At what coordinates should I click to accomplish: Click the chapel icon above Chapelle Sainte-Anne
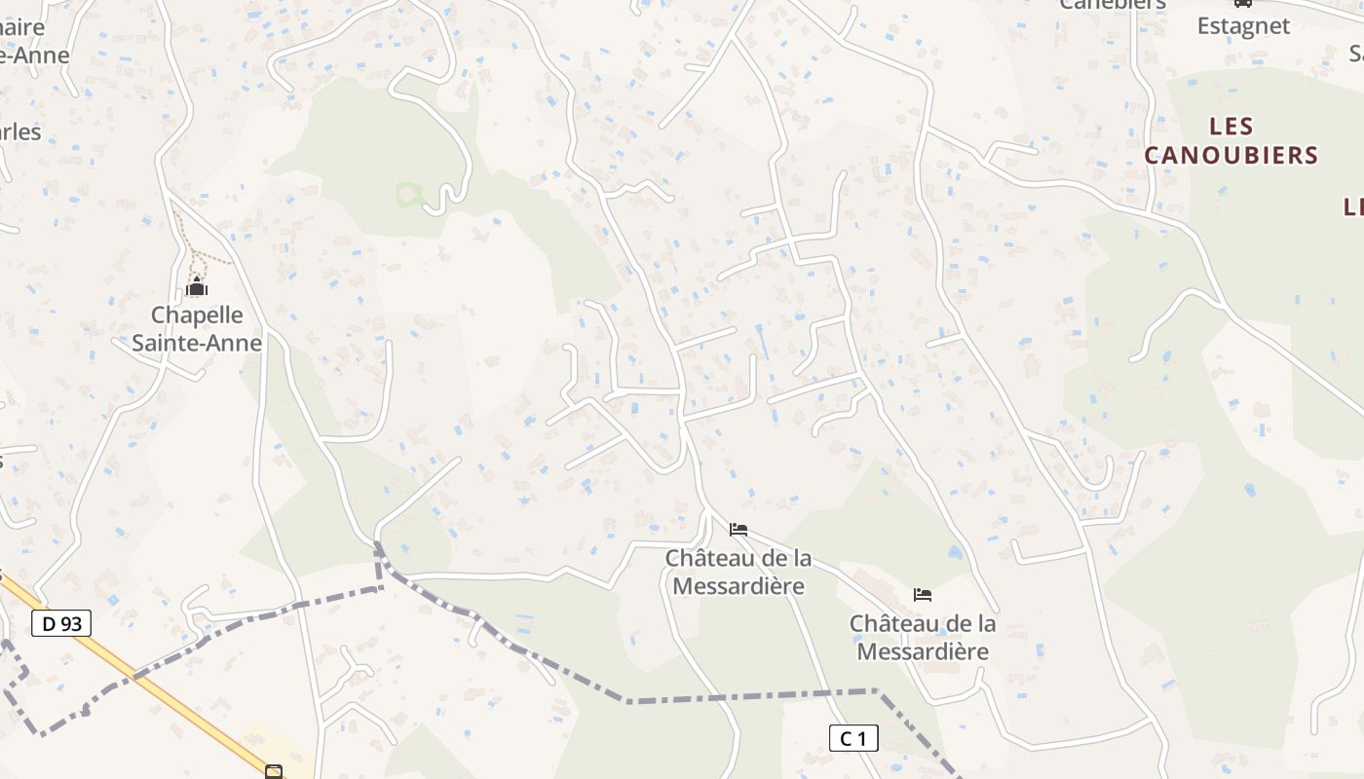point(197,287)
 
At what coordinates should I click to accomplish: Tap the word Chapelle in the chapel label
point(197,315)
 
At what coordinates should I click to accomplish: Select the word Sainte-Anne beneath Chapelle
point(197,343)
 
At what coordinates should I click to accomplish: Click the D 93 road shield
point(61,623)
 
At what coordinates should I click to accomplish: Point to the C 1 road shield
point(853,738)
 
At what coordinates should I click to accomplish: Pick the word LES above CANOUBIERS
point(1231,127)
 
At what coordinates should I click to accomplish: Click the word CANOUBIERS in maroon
point(1231,155)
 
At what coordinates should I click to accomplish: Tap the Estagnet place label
point(1243,26)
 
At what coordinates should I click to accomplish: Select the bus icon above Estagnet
point(1242,3)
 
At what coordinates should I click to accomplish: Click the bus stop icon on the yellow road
point(274,772)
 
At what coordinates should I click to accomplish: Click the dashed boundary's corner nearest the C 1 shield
point(876,691)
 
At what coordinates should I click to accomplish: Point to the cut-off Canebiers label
point(1113,5)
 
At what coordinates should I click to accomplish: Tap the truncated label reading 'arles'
point(20,131)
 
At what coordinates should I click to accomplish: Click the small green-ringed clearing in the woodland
point(409,195)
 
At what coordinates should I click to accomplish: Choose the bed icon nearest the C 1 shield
point(922,594)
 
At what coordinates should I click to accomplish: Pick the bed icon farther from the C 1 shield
point(739,530)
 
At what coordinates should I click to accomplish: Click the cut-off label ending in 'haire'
point(22,27)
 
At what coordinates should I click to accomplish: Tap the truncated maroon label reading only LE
point(1353,206)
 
